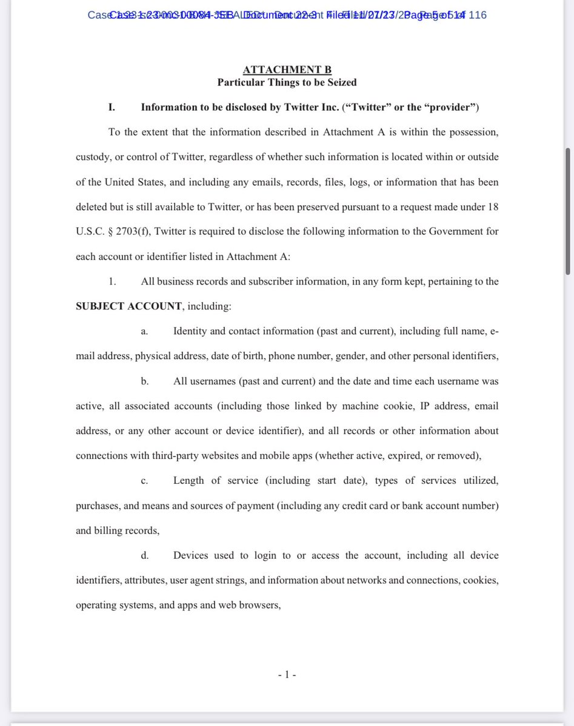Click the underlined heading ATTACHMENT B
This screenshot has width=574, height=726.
[x=287, y=70]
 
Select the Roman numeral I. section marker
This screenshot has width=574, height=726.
[x=112, y=107]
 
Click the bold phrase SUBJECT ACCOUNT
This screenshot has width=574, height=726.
[x=128, y=306]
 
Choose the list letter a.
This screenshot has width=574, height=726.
[x=144, y=331]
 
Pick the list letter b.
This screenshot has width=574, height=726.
[x=144, y=381]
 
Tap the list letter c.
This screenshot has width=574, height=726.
[x=144, y=481]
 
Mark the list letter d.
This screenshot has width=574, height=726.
[x=144, y=555]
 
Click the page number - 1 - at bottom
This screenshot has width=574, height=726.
[x=287, y=674]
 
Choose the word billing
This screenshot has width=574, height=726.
[x=107, y=530]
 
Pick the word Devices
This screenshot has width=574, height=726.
[x=192, y=555]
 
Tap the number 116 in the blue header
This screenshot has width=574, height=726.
[x=478, y=15]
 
